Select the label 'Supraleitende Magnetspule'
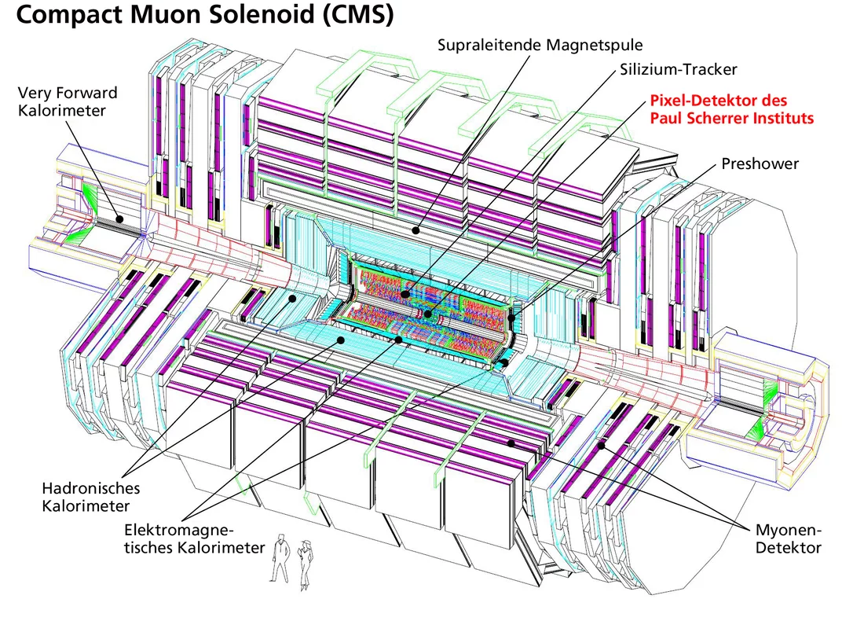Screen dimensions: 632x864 click(540, 45)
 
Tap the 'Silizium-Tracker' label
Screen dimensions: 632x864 click(678, 70)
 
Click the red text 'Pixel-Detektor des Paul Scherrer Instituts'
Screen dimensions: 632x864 click(730, 110)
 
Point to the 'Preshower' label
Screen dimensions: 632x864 click(760, 164)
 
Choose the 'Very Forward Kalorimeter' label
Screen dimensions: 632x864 click(68, 101)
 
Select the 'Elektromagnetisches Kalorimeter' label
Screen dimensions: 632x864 click(194, 538)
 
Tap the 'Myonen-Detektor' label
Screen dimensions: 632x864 click(788, 538)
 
